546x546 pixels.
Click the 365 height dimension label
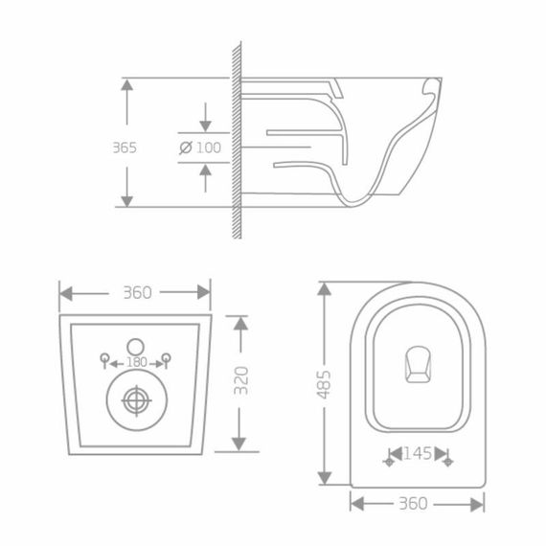125,148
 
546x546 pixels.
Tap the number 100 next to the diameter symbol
208,148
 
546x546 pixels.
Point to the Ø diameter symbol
186,148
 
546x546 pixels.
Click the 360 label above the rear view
137,292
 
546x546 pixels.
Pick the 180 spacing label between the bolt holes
136,362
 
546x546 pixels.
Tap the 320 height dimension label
242,380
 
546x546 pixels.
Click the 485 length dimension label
325,385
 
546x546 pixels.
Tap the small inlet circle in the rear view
136,343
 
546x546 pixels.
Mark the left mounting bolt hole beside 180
105,360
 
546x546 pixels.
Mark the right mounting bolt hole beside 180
167,360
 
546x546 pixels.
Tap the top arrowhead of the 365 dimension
125,83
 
